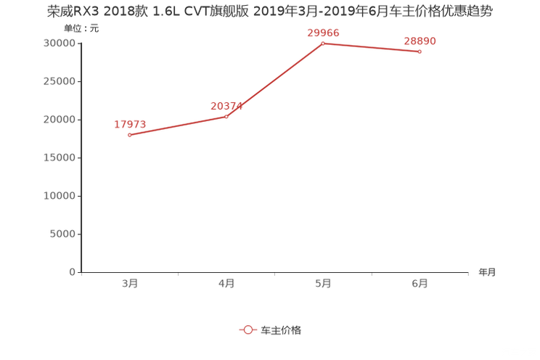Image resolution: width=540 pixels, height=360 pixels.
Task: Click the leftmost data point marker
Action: tap(130, 135)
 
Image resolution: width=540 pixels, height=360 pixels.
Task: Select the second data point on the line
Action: tap(226, 116)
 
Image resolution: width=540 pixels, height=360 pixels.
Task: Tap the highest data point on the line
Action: tap(323, 43)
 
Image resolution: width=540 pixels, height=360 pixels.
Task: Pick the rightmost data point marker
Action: tap(420, 52)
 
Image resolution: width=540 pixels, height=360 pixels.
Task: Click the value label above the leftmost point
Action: tap(130, 123)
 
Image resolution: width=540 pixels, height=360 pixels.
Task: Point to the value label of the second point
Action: tap(226, 106)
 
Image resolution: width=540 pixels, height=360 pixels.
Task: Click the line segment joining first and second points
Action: tap(178, 126)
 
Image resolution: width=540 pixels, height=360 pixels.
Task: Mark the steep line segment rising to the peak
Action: tap(275, 79)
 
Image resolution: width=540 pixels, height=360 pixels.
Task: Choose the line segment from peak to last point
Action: tap(371, 47)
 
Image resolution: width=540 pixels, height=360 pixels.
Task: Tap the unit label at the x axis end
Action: tap(488, 273)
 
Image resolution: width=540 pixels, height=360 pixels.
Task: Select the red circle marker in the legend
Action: tap(247, 330)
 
